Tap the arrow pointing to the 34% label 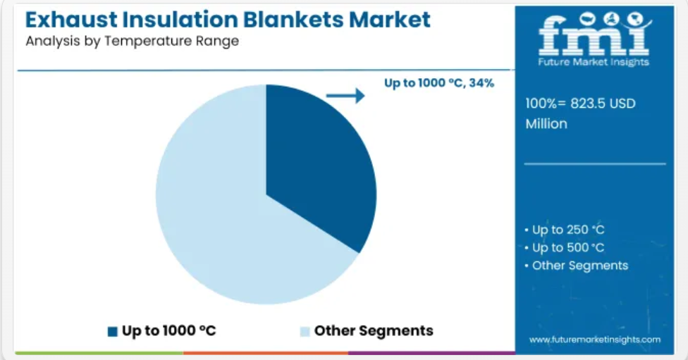coord(345,96)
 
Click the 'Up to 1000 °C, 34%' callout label coord(439,83)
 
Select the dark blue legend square coord(113,332)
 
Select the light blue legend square coord(305,332)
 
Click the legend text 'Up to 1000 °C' coord(169,330)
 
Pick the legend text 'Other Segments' coord(374,330)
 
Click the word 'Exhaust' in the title coord(71,20)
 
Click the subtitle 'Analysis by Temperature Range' coord(132,42)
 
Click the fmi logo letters coord(594,35)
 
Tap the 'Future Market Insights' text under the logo coord(594,62)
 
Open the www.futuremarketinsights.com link coord(594,340)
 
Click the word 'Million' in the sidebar coord(546,124)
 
